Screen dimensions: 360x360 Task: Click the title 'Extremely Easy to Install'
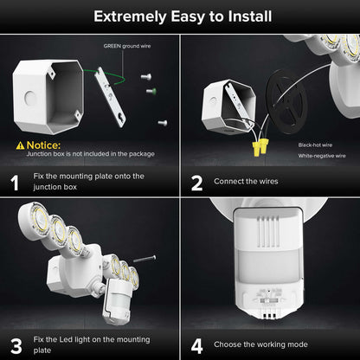tap(180, 16)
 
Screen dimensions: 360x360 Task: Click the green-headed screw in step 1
tap(150, 89)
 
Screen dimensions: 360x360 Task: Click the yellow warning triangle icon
tap(19, 144)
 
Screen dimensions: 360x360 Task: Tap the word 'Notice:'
tap(43, 144)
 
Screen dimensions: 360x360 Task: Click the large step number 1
tap(15, 183)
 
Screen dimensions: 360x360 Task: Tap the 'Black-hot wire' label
tap(317, 145)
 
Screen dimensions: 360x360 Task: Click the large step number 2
tap(197, 183)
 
